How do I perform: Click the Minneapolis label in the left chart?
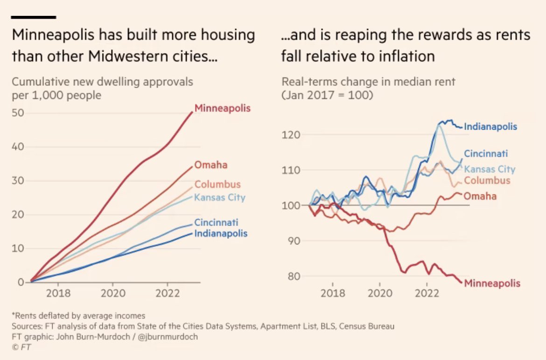(x=222, y=108)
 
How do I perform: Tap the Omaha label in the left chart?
(x=211, y=165)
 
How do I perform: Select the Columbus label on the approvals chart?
(x=217, y=184)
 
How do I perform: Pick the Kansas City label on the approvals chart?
(x=219, y=198)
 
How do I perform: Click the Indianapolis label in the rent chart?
(x=490, y=126)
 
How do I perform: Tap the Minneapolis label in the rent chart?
(x=492, y=283)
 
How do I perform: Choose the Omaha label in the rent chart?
(x=480, y=196)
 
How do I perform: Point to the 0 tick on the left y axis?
(x=21, y=282)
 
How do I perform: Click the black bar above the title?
(x=33, y=17)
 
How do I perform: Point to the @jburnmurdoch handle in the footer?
(x=168, y=336)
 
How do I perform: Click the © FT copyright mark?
(x=21, y=347)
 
